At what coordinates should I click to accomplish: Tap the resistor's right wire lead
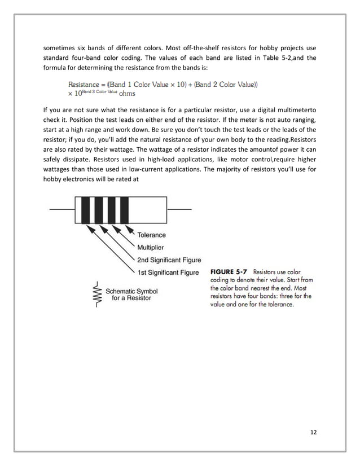(179, 209)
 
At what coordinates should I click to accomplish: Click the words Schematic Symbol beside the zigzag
(132, 291)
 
